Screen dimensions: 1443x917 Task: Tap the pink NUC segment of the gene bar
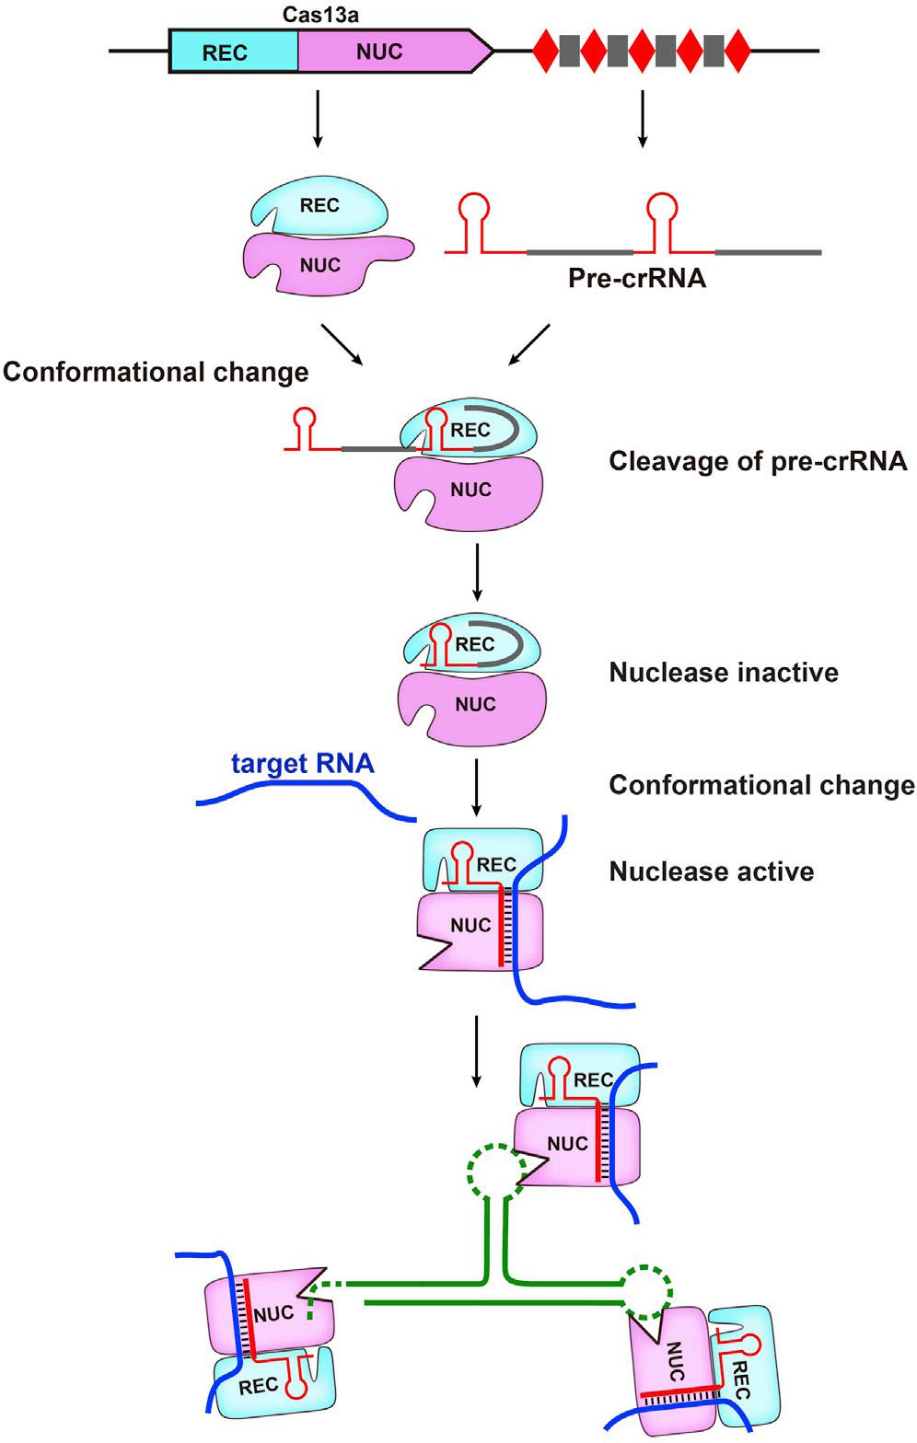(387, 52)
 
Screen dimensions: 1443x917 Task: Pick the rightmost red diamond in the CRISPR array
(737, 52)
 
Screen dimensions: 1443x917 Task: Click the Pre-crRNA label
(636, 277)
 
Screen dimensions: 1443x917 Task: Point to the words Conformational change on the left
(155, 372)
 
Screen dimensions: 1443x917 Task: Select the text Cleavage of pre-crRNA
(758, 460)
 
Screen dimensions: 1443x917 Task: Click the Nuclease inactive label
(724, 673)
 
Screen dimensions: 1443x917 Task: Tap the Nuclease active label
(711, 871)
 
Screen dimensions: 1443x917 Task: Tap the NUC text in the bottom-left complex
(273, 1314)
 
